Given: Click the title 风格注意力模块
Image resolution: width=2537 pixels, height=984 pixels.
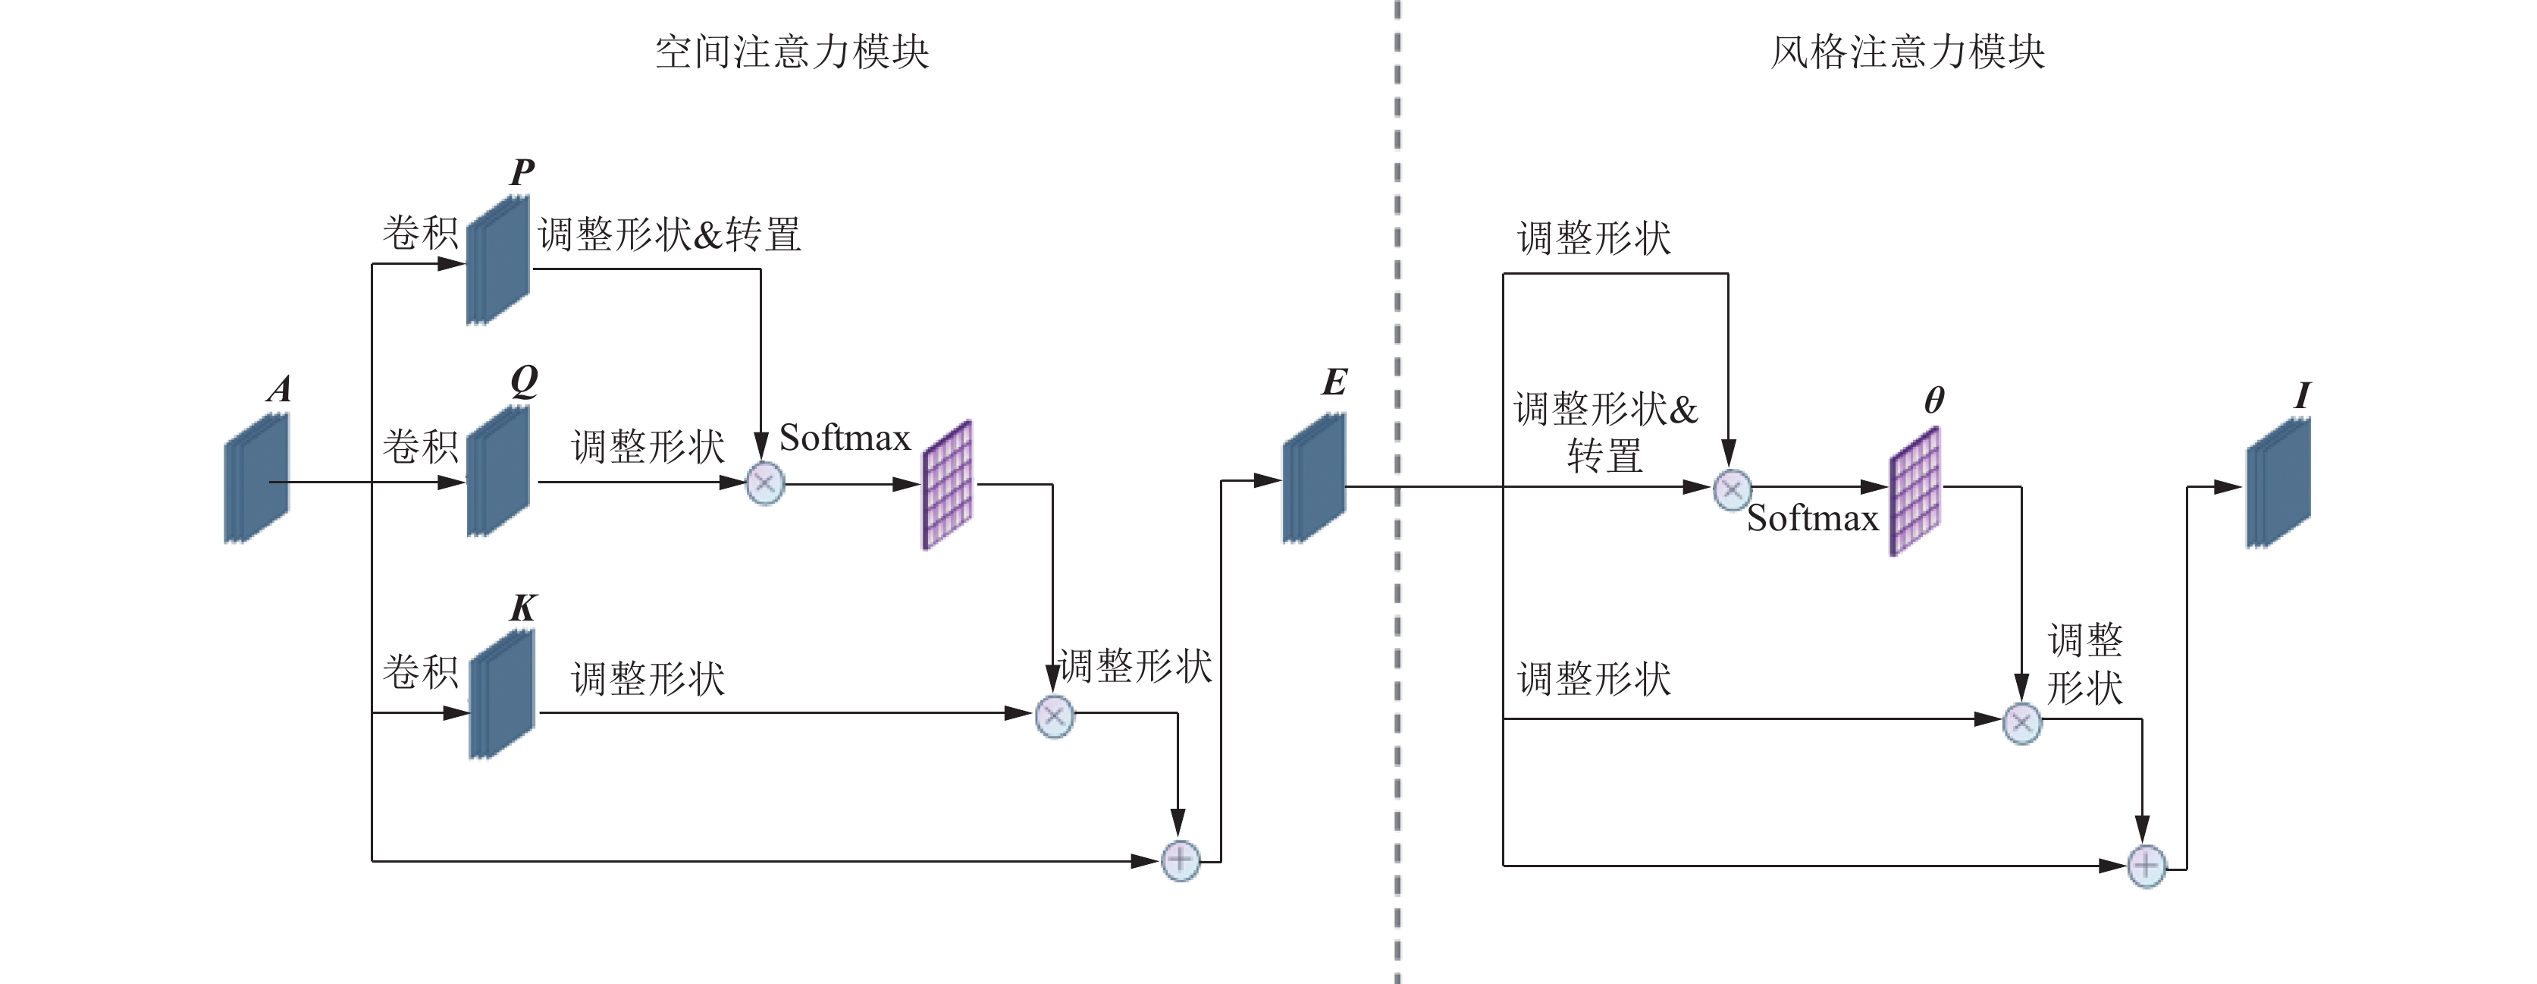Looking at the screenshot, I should tap(1907, 52).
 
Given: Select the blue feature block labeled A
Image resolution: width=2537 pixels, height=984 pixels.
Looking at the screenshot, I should tap(256, 479).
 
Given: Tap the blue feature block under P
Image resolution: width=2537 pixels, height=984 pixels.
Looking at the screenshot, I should tap(497, 260).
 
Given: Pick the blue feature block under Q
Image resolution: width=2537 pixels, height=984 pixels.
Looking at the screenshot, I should tap(497, 472).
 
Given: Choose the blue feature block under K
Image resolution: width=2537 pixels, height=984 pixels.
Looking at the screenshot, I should tap(501, 694).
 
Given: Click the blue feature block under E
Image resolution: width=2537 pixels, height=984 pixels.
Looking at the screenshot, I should tap(1314, 478).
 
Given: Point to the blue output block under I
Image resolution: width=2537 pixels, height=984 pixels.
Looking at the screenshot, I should tap(2278, 483).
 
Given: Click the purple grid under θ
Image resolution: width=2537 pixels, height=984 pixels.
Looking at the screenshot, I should tap(1915, 491).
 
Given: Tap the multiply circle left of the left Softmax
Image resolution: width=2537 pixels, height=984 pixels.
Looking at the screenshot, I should tap(765, 483).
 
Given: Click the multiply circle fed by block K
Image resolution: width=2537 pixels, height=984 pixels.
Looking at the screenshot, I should tap(1054, 716).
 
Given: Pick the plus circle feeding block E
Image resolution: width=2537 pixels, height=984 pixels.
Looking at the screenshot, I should tap(1180, 860).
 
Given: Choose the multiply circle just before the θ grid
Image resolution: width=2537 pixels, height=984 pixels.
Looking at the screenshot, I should tap(1733, 489).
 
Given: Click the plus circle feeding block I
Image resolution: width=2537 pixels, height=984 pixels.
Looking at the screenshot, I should tap(2147, 867).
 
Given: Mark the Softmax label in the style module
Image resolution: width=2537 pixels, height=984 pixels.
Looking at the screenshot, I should tap(1812, 519).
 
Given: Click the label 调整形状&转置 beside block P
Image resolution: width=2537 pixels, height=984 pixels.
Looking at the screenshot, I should tap(670, 234).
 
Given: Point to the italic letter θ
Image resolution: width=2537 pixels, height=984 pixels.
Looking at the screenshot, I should tap(1933, 400).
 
